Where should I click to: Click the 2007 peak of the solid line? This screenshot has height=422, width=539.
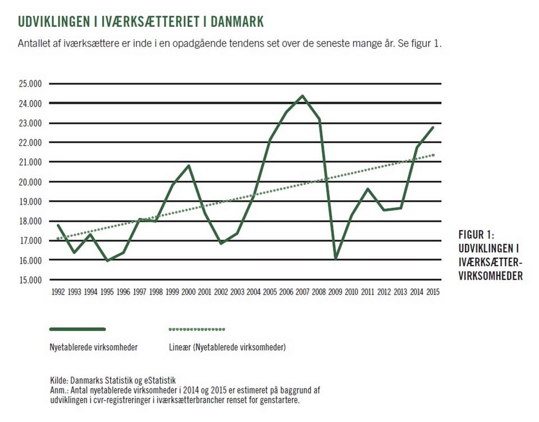tap(303, 96)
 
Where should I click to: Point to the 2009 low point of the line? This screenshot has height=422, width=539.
tap(335, 259)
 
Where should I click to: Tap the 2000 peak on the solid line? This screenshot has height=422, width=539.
tap(189, 166)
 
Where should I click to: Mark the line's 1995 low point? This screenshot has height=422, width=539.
tap(107, 260)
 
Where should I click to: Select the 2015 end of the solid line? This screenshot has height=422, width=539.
tap(432, 127)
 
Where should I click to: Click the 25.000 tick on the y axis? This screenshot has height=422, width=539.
tap(30, 84)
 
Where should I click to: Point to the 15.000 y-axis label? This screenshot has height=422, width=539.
tap(30, 280)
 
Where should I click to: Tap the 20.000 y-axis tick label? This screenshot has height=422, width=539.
tap(30, 182)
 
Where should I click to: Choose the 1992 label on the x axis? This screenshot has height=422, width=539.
tap(58, 292)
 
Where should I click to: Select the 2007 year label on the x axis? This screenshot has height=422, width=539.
tap(303, 292)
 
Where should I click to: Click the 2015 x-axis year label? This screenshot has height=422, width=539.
tap(432, 292)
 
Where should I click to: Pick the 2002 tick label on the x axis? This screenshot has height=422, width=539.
tap(221, 292)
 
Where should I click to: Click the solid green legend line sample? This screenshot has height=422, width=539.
tap(77, 329)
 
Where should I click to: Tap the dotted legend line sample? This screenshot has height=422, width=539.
tap(197, 329)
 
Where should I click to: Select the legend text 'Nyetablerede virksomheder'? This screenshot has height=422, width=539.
tap(94, 347)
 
